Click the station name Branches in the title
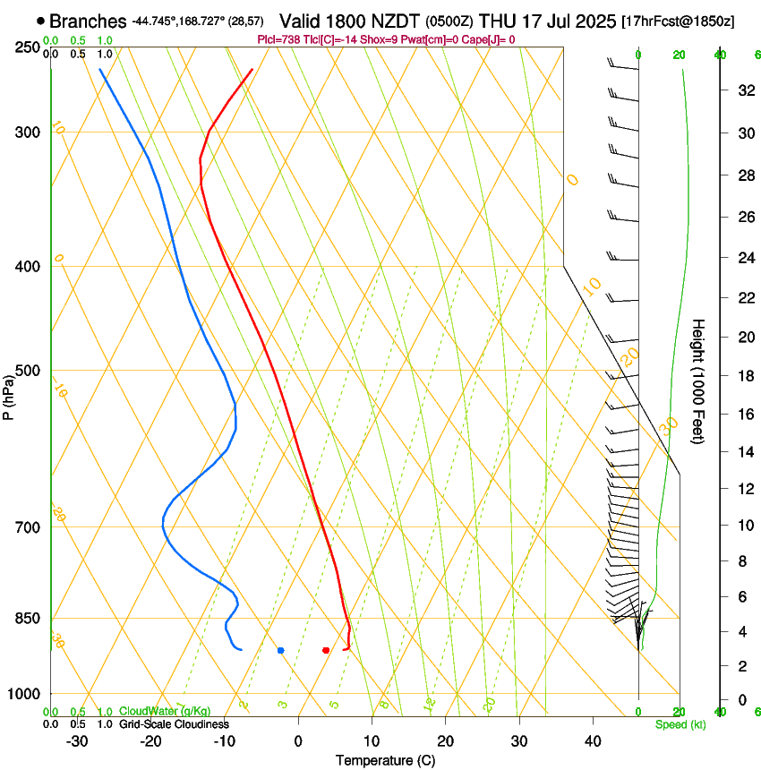[x=89, y=21]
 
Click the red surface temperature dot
[x=326, y=650]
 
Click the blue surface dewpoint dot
[x=281, y=650]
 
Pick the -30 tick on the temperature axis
[x=77, y=740]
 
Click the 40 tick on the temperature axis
[x=592, y=740]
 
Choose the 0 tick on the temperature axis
[x=298, y=740]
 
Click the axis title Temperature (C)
[x=385, y=760]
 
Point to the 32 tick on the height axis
[x=743, y=90]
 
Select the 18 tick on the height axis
[x=743, y=376]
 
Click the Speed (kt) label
[x=680, y=724]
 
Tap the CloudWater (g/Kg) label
[x=153, y=712]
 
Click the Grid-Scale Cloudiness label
[x=174, y=724]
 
